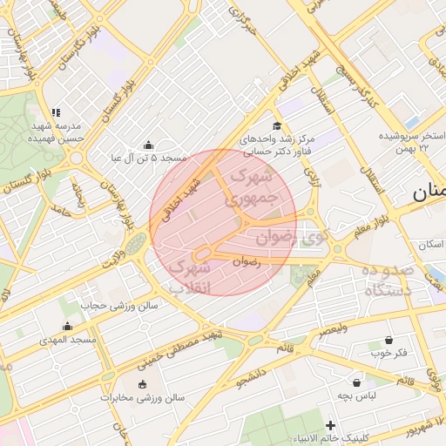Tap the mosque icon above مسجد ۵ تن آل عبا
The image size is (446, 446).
(148, 145)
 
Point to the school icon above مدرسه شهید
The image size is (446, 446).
(56, 112)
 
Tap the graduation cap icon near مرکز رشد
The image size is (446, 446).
(277, 127)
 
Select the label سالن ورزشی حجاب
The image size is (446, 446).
(119, 306)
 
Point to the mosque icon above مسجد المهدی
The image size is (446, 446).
(67, 326)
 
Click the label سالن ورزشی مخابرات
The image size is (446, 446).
(142, 398)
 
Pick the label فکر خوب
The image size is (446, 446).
(389, 353)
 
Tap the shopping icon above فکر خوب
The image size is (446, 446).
(389, 340)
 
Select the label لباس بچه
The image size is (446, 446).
(356, 395)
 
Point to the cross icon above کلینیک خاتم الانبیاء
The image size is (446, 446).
(330, 425)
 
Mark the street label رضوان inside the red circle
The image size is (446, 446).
(247, 260)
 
